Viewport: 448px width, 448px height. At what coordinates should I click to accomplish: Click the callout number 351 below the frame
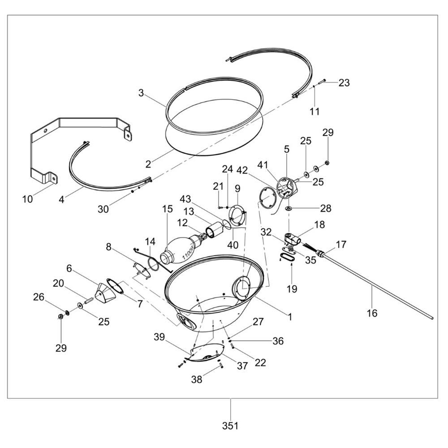(x=230, y=426)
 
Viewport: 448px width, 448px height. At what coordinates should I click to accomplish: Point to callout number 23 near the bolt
(x=344, y=82)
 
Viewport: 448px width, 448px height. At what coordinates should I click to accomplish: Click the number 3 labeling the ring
(x=141, y=93)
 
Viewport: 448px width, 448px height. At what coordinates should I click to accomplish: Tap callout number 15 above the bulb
(x=168, y=209)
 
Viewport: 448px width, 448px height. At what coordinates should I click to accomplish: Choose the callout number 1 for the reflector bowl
(x=290, y=317)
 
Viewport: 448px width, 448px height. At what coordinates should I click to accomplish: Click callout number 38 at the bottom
(x=197, y=379)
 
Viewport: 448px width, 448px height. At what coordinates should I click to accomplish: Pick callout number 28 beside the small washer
(x=325, y=208)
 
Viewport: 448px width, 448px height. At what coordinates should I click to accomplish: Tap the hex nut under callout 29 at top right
(x=327, y=163)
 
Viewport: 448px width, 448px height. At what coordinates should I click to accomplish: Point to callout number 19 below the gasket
(x=292, y=289)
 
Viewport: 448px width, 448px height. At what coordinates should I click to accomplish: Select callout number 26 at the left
(x=39, y=297)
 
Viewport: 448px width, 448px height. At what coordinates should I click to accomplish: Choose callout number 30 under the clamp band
(x=103, y=209)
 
